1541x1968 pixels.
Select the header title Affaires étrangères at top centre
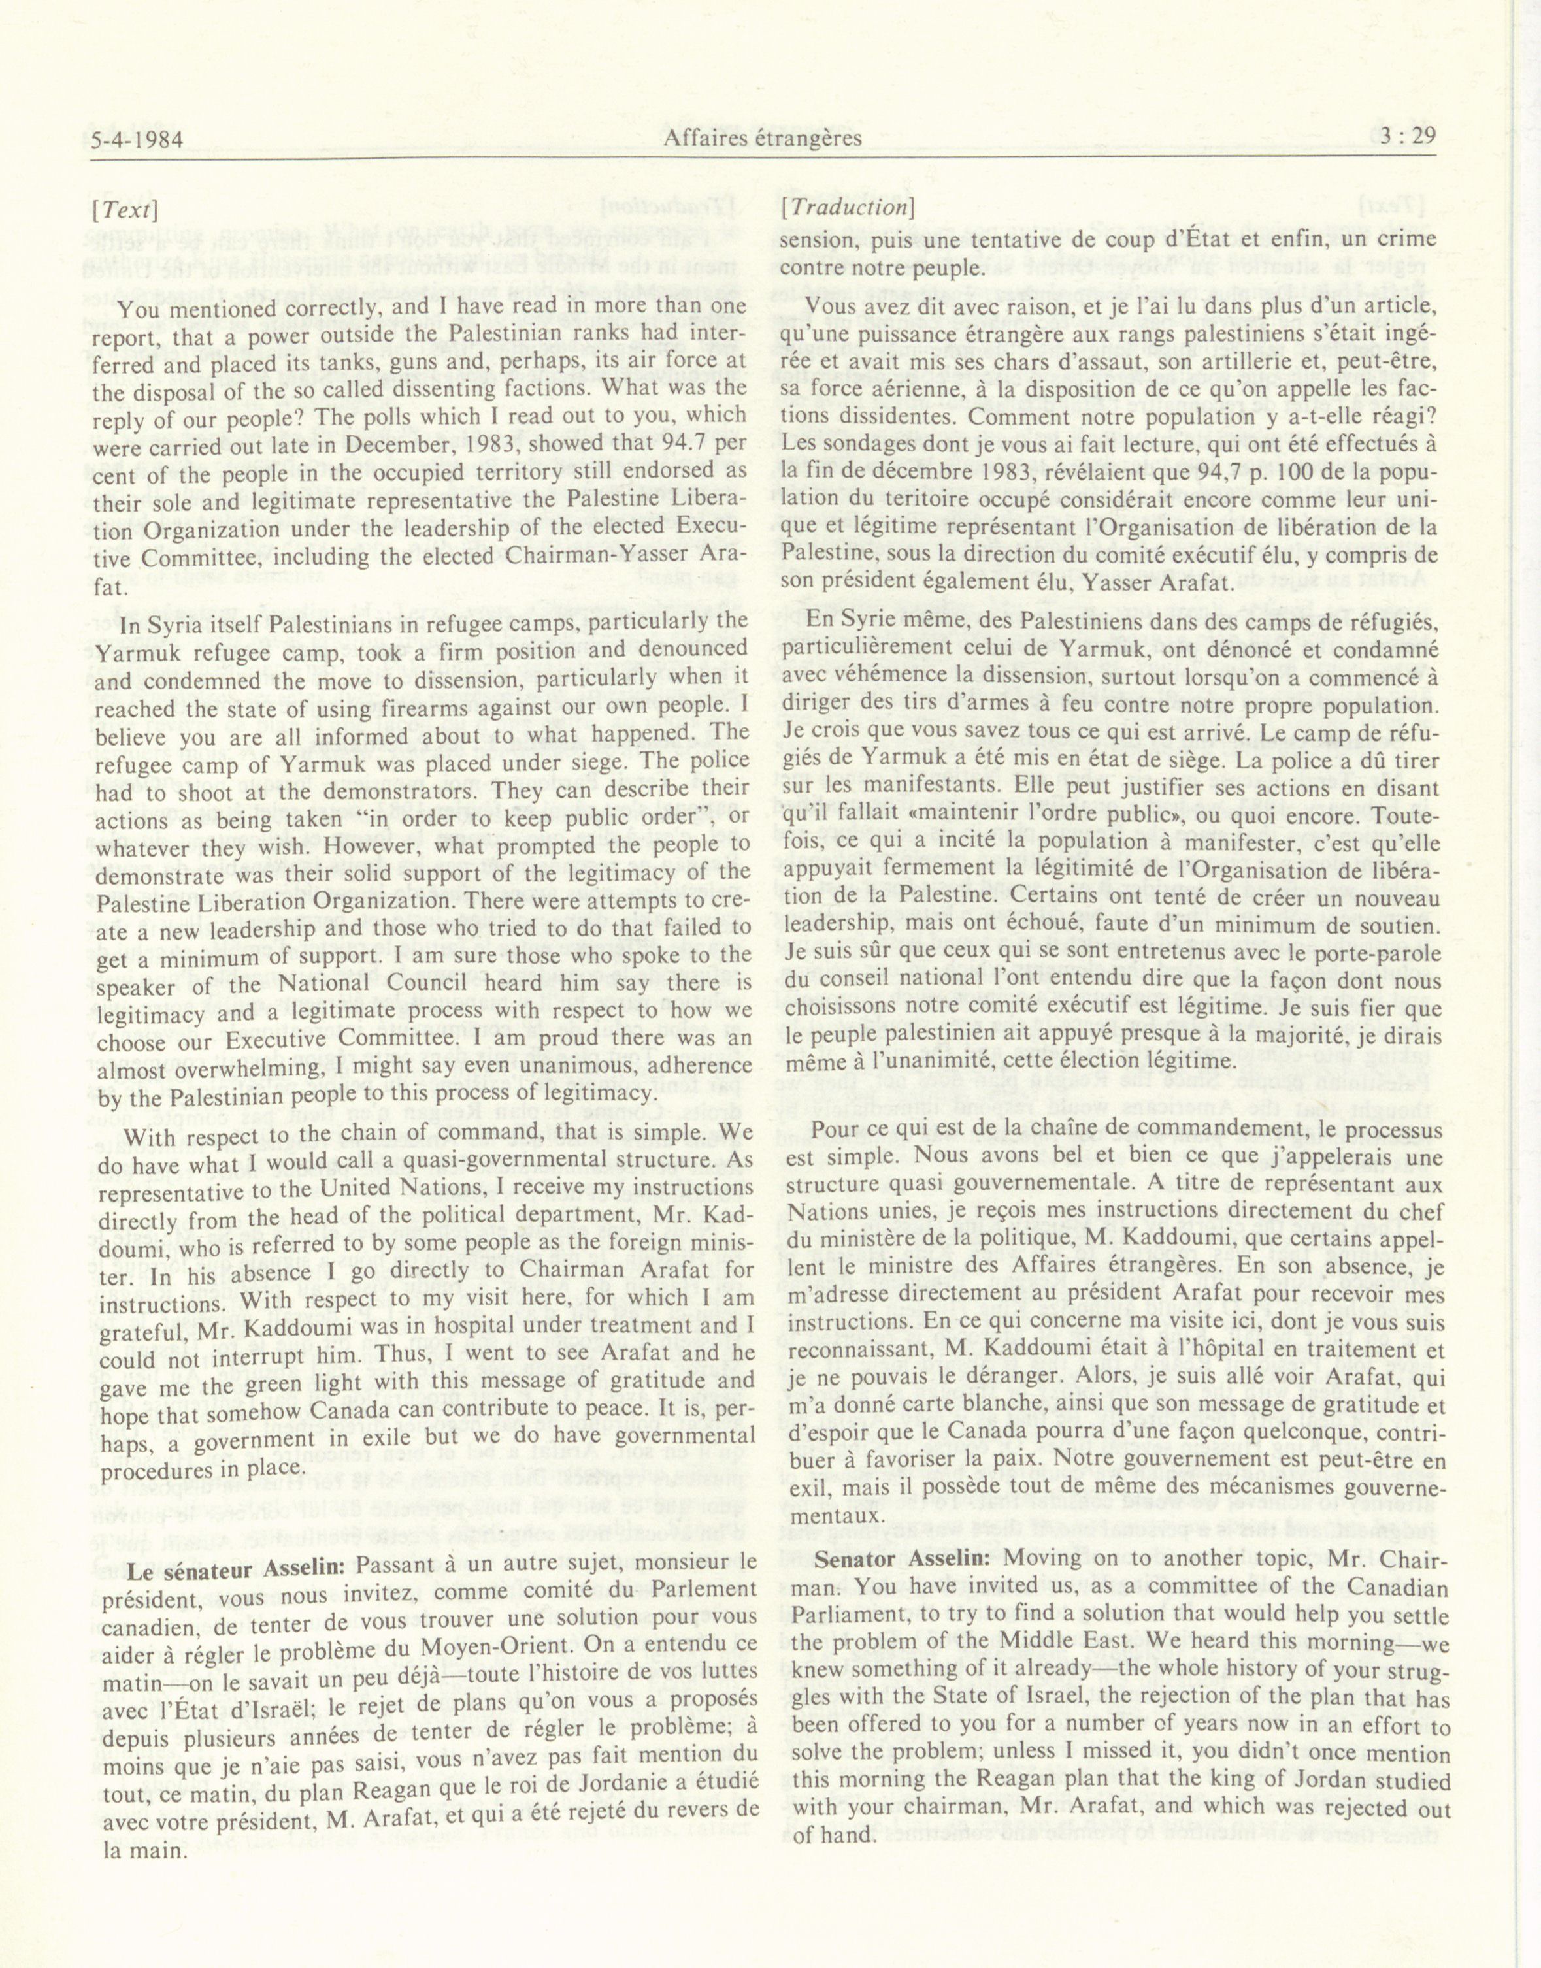pyautogui.click(x=763, y=138)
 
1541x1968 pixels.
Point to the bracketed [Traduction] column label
pyautogui.click(x=849, y=206)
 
